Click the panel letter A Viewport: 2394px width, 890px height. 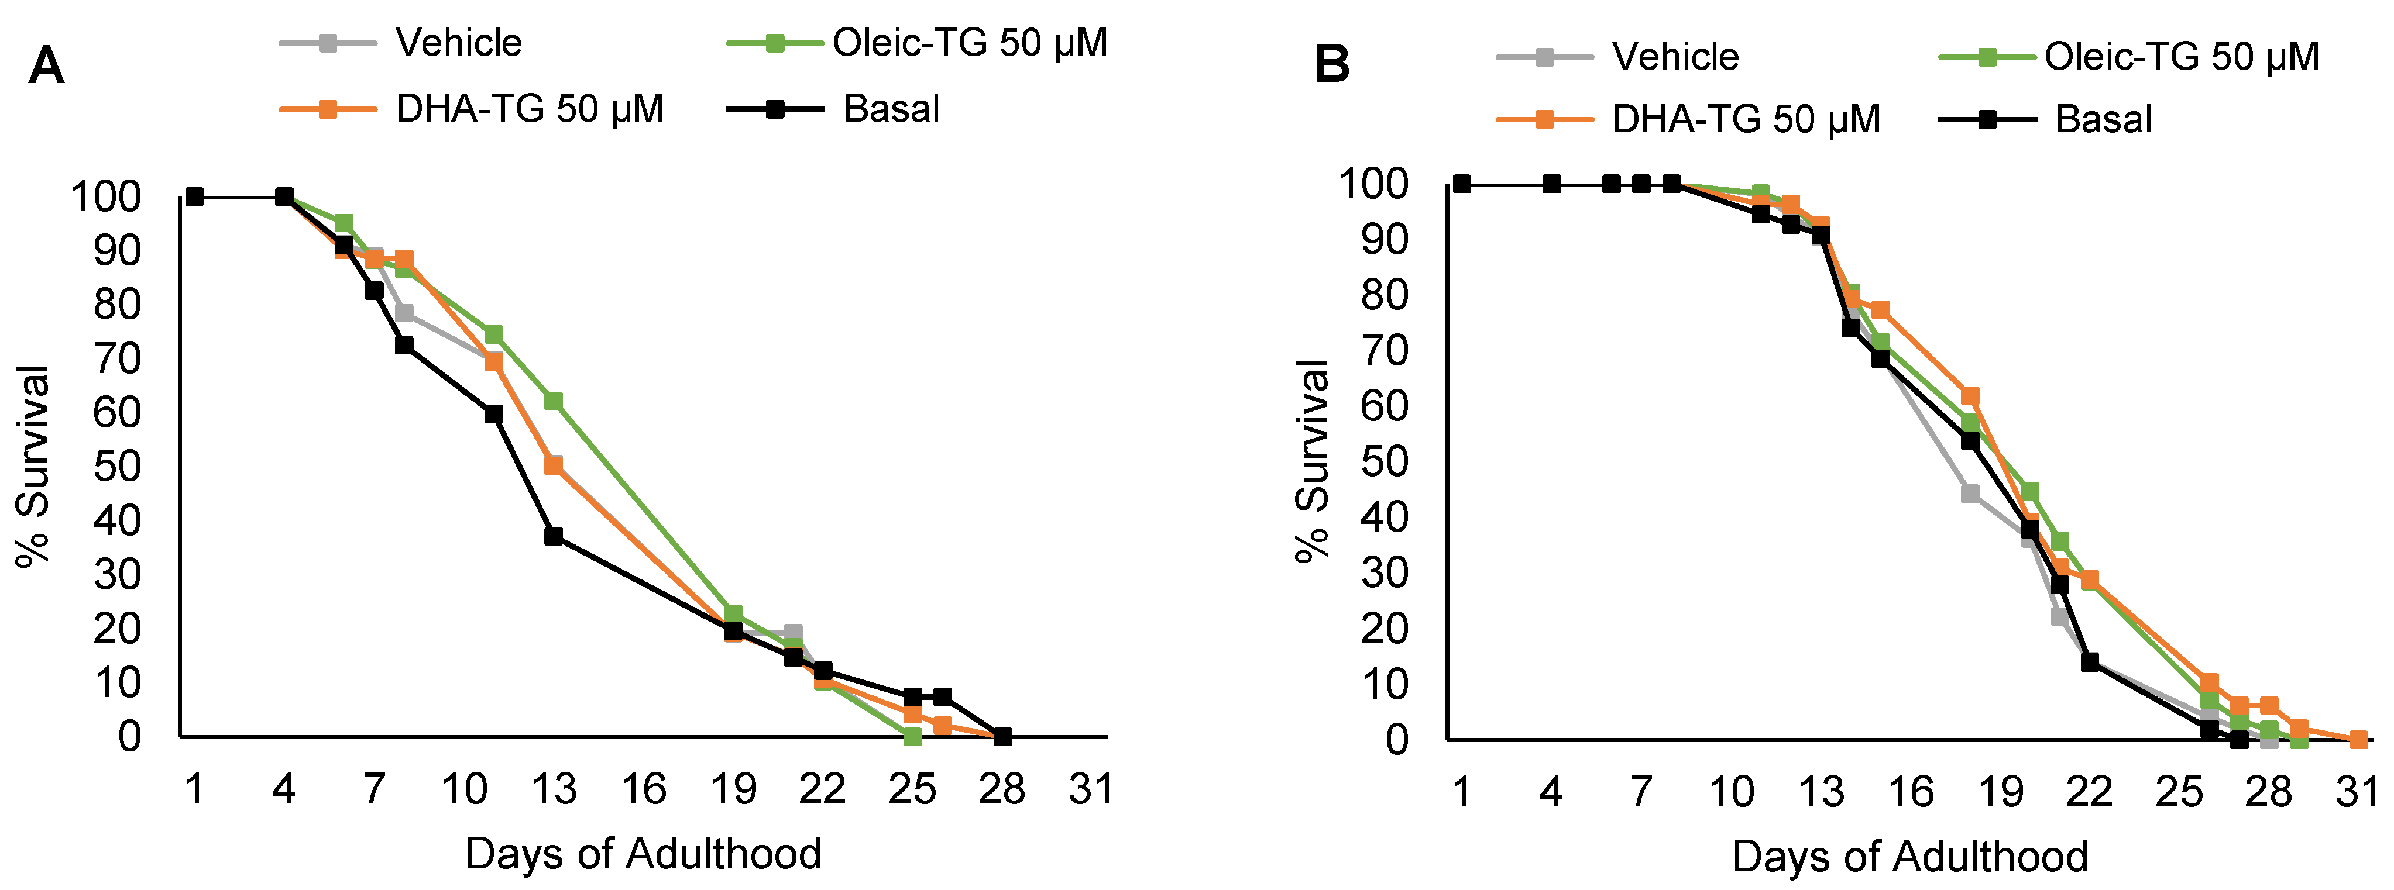click(46, 67)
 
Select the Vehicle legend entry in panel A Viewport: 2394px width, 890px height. click(458, 43)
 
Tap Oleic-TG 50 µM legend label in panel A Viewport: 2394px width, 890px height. click(969, 43)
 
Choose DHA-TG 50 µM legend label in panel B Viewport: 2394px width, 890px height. click(1745, 119)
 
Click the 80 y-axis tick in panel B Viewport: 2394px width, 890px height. click(1385, 295)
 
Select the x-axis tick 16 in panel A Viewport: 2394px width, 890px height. click(643, 789)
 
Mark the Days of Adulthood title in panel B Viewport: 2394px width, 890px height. click(1910, 855)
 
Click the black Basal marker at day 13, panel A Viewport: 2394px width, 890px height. click(554, 536)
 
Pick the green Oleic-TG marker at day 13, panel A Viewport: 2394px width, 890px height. click(554, 401)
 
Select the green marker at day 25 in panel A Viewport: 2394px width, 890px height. click(913, 737)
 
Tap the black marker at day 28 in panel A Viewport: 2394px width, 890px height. click(1002, 737)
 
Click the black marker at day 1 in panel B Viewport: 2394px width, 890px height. click(1462, 184)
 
